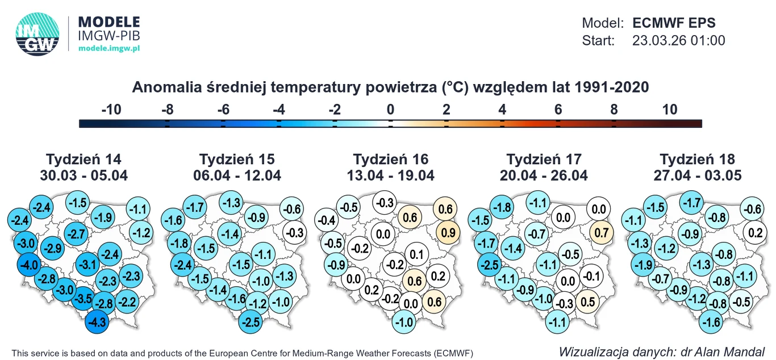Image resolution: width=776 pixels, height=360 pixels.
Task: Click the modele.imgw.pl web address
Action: [109, 49]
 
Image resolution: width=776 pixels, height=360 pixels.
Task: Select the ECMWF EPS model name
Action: [674, 23]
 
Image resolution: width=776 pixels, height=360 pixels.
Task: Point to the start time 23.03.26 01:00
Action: [678, 41]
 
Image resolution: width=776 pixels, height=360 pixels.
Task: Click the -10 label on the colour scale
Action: [111, 110]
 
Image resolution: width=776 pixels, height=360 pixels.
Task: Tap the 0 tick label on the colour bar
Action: [390, 110]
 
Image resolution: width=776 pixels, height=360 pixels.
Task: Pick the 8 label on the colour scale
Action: [614, 110]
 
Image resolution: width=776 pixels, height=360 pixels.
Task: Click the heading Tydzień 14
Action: [84, 159]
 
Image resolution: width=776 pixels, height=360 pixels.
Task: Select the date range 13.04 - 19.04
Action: [391, 175]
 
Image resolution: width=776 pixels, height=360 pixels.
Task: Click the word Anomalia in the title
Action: [160, 87]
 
